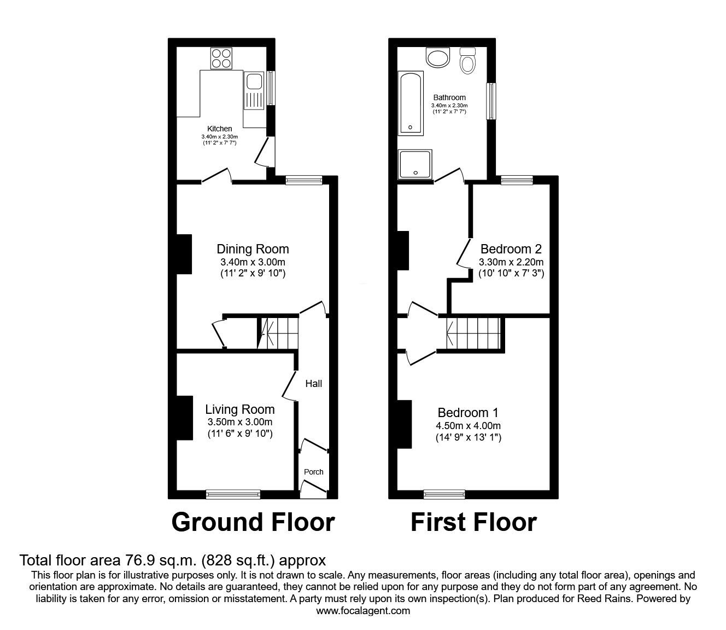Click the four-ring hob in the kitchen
(x=221, y=58)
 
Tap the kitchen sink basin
(x=254, y=81)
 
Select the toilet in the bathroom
(x=467, y=61)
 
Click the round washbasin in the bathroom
(x=438, y=57)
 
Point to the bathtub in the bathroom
(x=411, y=103)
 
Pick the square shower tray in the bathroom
(x=415, y=164)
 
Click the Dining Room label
(x=253, y=249)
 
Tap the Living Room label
(x=240, y=409)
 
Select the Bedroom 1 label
(x=468, y=413)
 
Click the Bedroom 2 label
(x=511, y=249)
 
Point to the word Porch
(x=313, y=472)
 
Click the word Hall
(x=314, y=383)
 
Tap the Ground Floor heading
(x=253, y=522)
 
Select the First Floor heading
(x=473, y=522)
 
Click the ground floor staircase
(x=278, y=333)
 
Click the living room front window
(x=233, y=495)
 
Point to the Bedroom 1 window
(x=444, y=495)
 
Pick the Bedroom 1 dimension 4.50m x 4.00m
(x=468, y=426)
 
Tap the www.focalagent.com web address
(x=363, y=611)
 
